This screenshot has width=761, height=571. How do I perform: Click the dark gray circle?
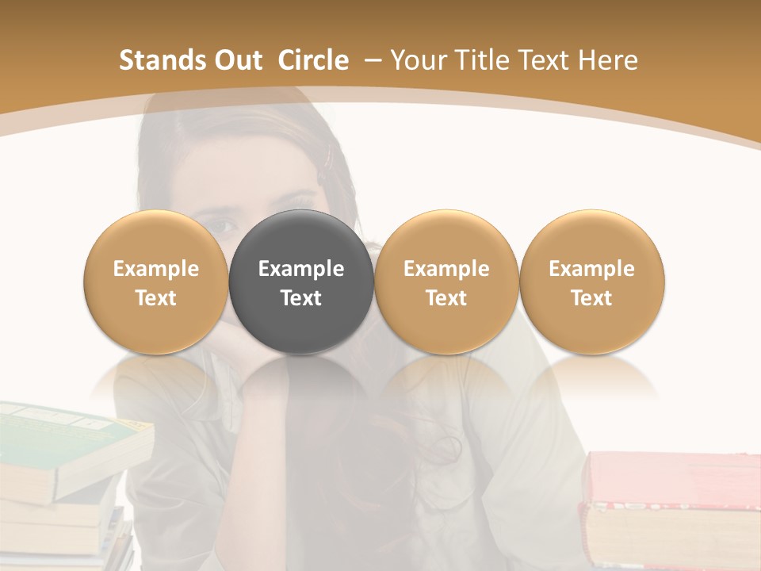pos(301,282)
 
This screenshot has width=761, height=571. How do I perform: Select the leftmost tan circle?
pos(156,282)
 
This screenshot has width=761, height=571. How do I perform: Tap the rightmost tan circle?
pos(591,282)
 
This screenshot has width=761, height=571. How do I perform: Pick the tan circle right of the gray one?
pos(446,282)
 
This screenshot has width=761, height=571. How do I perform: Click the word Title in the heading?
pos(483,60)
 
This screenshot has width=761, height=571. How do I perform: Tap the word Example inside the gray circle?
pos(301,269)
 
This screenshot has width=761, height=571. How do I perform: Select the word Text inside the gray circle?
pos(301,298)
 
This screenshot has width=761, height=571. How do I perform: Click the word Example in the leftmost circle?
pos(156,269)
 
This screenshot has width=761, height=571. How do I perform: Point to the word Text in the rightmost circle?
pos(591,298)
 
